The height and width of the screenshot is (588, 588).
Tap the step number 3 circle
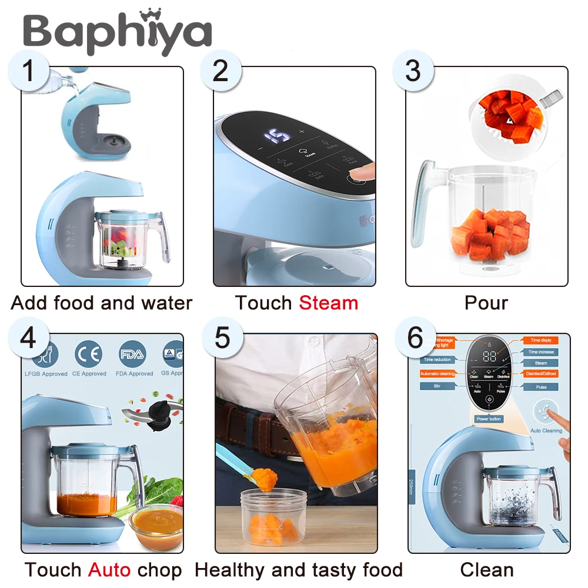coord(413,71)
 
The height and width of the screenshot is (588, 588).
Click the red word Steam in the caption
coord(328,303)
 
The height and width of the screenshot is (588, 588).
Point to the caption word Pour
coord(486,303)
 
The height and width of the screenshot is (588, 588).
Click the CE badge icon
coord(89,355)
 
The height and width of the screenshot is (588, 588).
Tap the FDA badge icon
coord(133,355)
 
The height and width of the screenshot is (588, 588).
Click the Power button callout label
coord(489,419)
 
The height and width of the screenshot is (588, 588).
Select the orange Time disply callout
coord(540,340)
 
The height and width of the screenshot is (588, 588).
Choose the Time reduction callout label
coord(437,359)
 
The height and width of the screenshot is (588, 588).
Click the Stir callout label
coord(437,386)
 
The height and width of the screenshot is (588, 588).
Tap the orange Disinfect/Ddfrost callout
coord(540,374)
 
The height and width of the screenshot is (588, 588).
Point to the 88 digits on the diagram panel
coord(489,356)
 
